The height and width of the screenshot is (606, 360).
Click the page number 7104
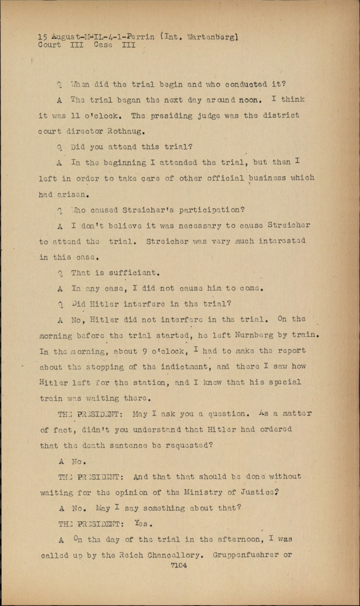click(x=179, y=565)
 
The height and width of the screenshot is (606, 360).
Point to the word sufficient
click(x=132, y=273)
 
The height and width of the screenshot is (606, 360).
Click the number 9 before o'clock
click(x=145, y=351)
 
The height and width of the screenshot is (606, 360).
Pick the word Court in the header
click(x=49, y=45)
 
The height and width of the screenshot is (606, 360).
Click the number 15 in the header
click(x=42, y=37)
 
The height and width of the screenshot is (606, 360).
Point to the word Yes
click(x=143, y=524)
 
